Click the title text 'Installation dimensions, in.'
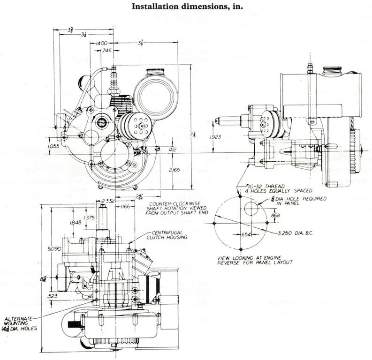point(185,7)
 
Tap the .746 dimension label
point(107,51)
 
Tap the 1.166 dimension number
point(125,206)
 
